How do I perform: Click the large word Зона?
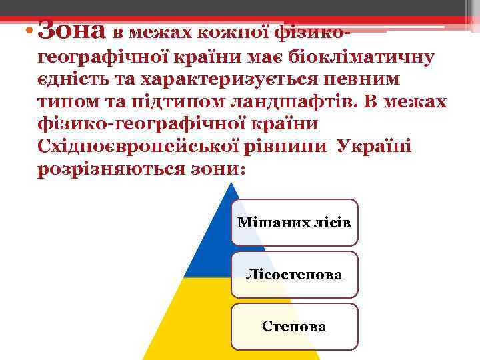pos(72,29)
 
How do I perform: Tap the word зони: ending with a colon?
pos(219,169)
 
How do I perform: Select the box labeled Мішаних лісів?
pos(294,223)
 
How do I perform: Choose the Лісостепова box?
pos(294,274)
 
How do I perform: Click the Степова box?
pos(294,327)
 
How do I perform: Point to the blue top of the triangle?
pos(212,240)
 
